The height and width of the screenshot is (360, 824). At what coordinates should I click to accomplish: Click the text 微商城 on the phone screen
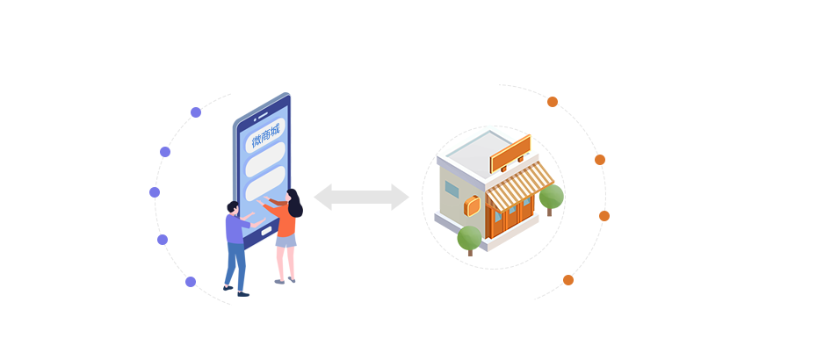click(x=266, y=134)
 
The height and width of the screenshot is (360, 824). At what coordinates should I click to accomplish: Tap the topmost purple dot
click(x=196, y=112)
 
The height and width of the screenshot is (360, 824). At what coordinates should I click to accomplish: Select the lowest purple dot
click(x=191, y=282)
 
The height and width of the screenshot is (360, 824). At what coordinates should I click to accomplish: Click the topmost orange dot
click(x=553, y=102)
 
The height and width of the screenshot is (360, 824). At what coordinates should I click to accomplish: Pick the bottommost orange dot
click(x=568, y=280)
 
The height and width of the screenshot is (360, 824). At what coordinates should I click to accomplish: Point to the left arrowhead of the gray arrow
click(x=322, y=197)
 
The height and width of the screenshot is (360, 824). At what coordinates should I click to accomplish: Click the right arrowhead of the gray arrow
click(x=401, y=197)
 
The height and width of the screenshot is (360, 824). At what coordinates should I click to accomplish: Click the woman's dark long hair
click(x=295, y=204)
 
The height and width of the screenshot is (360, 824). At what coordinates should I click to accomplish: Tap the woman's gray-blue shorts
click(x=286, y=241)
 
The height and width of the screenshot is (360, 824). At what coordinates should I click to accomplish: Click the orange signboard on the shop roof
click(x=510, y=154)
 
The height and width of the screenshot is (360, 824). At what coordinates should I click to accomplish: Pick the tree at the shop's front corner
click(x=469, y=240)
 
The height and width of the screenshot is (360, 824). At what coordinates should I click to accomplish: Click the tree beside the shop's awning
click(x=552, y=198)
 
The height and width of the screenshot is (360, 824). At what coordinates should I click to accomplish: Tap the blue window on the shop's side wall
click(x=452, y=189)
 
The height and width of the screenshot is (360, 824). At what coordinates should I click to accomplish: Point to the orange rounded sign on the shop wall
click(x=472, y=206)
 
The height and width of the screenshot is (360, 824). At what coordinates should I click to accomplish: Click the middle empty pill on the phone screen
click(x=265, y=160)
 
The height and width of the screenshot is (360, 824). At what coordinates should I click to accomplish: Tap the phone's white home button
click(x=266, y=231)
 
